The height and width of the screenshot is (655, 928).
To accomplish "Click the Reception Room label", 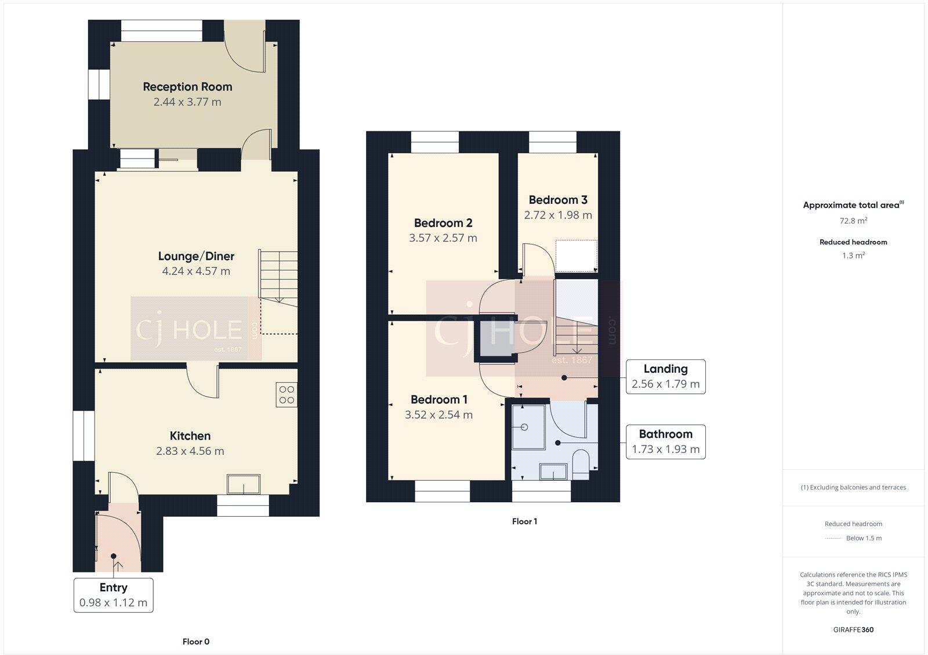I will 187,87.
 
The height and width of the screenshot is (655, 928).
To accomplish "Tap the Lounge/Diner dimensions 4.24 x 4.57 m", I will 196,271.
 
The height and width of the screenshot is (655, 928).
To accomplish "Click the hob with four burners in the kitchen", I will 287,395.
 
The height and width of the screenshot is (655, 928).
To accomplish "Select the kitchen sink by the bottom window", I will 244,484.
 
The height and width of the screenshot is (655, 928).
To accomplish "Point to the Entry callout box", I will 113,595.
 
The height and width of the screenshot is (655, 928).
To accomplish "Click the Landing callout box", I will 665,376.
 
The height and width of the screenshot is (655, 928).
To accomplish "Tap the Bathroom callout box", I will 665,441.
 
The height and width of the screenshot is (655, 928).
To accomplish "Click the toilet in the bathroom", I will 581,462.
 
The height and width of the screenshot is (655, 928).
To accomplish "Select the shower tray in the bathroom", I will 528,427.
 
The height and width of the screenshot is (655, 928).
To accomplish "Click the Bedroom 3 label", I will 558,200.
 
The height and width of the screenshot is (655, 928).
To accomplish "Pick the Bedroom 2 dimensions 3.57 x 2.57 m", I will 443,238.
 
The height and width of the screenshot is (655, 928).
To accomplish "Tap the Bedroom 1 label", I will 438,400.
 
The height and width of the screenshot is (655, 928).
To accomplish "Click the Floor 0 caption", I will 196,642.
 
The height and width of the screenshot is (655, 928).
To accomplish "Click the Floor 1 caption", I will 524,521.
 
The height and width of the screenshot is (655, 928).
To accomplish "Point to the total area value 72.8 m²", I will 853,221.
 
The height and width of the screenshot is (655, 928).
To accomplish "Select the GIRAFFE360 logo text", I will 853,629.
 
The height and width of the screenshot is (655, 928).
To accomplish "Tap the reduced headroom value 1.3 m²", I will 853,255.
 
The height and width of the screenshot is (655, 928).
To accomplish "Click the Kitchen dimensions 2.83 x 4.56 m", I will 190,451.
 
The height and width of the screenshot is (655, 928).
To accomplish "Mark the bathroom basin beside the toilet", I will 553,471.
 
